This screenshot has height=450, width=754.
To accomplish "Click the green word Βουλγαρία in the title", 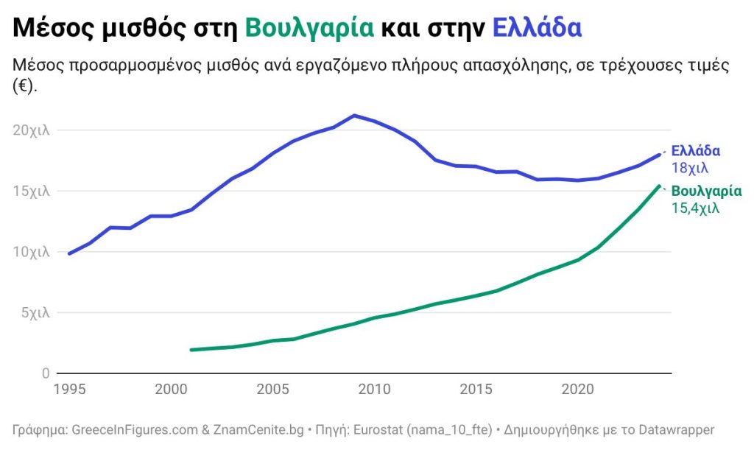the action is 309,28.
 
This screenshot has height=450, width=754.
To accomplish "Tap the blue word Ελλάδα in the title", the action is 537,28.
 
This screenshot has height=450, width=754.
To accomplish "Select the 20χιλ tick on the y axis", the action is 31,130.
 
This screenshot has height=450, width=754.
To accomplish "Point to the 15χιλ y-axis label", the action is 31,191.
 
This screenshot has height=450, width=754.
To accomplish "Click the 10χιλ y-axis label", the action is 31,252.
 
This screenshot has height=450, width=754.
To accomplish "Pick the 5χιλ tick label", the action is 35,313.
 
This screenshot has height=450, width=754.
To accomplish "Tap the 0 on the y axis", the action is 46,373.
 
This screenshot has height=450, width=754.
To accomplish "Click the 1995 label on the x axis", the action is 70,389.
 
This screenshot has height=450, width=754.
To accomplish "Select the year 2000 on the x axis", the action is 171,389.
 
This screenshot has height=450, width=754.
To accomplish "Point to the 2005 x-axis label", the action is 273,389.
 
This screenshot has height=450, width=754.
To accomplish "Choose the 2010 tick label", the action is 375,389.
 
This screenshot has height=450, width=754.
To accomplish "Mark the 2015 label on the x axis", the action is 476,389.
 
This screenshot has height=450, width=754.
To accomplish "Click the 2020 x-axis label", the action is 577,389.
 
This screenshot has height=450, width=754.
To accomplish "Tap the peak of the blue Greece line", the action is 354,116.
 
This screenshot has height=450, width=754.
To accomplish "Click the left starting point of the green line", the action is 191,350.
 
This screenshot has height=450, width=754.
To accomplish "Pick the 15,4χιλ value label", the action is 695,208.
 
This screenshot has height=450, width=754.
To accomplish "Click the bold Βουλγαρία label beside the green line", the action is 706,191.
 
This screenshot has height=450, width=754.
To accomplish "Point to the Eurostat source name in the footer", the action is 378,430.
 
